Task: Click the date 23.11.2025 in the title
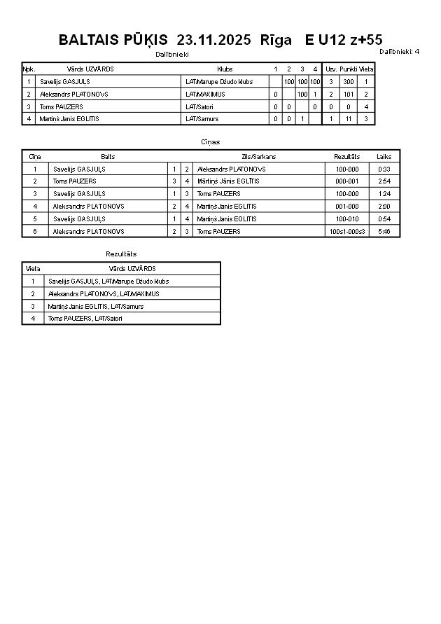click(214, 40)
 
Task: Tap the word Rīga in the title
click(276, 40)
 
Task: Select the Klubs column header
click(225, 69)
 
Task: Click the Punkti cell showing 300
click(348, 82)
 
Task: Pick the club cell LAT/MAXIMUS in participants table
click(205, 94)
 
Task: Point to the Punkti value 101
click(348, 94)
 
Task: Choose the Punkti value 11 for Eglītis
click(348, 119)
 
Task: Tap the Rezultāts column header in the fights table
click(347, 157)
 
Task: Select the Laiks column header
click(384, 157)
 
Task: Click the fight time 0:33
click(384, 169)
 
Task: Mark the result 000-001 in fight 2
click(347, 181)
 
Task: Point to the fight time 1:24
click(384, 194)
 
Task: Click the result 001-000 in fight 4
click(347, 207)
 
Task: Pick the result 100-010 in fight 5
click(347, 219)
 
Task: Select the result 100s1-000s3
click(347, 232)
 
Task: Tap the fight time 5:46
click(384, 232)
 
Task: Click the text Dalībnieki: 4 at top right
click(399, 51)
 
